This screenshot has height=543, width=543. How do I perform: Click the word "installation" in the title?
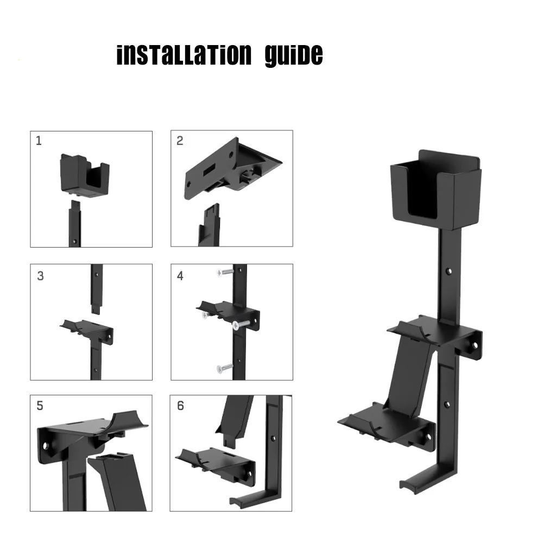(x=184, y=55)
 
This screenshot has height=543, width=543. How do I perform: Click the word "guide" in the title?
(x=294, y=55)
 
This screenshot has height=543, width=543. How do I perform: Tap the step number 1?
(x=39, y=141)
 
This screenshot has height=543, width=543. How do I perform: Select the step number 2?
(x=180, y=141)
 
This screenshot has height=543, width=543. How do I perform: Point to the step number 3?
(x=40, y=276)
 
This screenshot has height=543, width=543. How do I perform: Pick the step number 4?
(x=180, y=276)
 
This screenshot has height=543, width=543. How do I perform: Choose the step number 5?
(x=40, y=406)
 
